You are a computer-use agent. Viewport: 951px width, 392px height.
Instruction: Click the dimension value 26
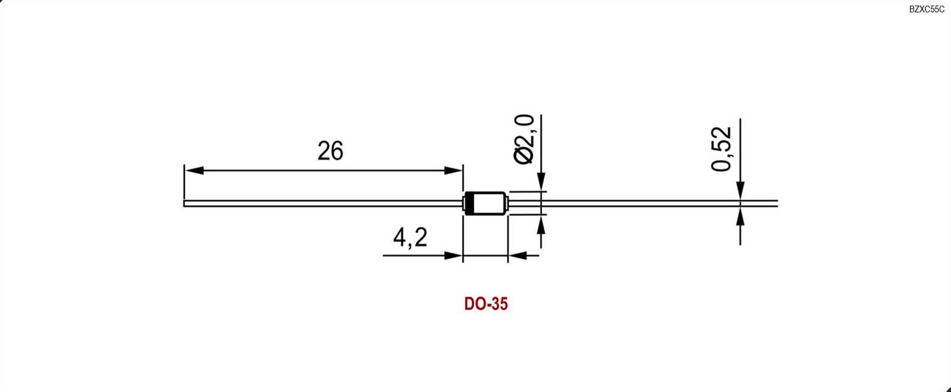click(x=330, y=151)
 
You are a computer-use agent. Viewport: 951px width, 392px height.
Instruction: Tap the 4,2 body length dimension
click(x=410, y=237)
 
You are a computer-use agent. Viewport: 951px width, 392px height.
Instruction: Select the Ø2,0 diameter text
click(x=524, y=139)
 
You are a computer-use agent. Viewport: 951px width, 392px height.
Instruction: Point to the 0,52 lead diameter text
click(x=722, y=149)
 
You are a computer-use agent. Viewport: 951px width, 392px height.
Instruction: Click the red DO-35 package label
click(x=486, y=304)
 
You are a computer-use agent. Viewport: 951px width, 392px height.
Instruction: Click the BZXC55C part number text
click(x=926, y=10)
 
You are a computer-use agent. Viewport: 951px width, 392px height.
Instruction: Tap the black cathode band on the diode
click(x=469, y=203)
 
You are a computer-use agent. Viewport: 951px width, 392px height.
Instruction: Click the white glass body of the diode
click(x=489, y=203)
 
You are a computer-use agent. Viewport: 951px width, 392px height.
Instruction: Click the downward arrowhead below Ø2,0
click(x=541, y=182)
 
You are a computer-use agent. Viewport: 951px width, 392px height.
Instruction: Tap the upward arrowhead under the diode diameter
click(x=541, y=225)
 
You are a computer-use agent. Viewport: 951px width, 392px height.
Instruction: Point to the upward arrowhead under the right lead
click(x=740, y=217)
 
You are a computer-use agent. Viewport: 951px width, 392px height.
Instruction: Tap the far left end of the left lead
click(x=185, y=203)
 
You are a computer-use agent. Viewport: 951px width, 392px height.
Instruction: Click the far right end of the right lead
click(x=776, y=203)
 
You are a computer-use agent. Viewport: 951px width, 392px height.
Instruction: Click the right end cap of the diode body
click(x=506, y=203)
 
